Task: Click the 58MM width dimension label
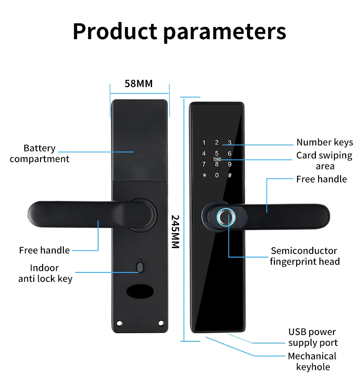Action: tap(139, 84)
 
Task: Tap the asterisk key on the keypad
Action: tap(204, 176)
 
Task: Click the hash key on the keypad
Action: tap(229, 176)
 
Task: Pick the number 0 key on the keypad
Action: tap(216, 176)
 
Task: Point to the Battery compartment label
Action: tap(40, 154)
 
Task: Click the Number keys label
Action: tap(324, 143)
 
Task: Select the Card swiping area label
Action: tap(324, 161)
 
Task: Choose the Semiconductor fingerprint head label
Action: tap(304, 256)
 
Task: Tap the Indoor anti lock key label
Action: tap(45, 273)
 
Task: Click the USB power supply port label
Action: tap(312, 337)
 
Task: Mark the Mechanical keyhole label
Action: tap(312, 362)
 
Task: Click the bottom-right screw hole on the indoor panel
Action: tap(160, 324)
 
